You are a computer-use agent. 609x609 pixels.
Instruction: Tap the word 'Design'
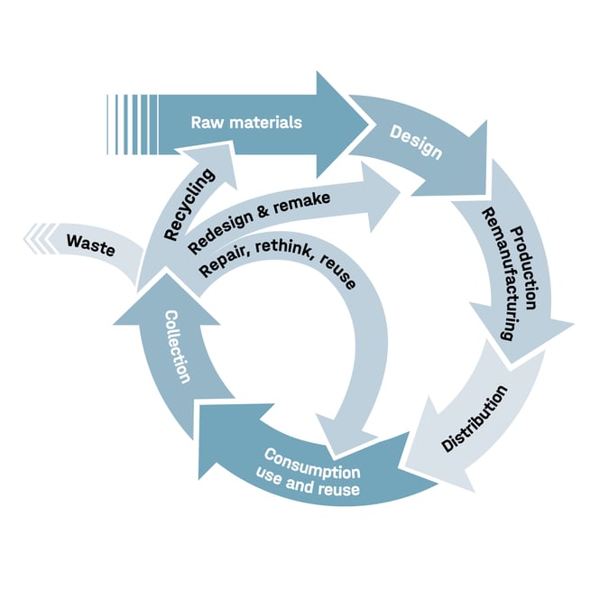tap(416, 143)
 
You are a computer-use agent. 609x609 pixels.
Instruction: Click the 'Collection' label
tap(178, 346)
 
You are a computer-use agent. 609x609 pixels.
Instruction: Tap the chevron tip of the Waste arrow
tap(27, 239)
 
